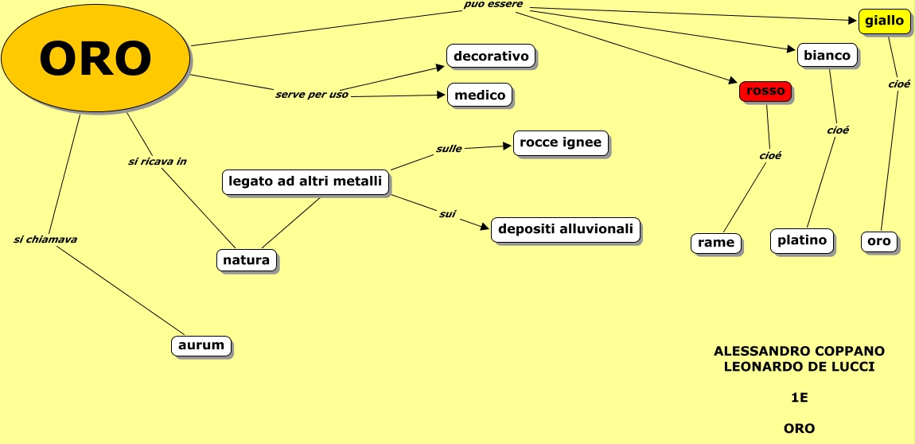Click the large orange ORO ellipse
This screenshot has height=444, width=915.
tap(95, 58)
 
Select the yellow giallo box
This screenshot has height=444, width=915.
tap(884, 21)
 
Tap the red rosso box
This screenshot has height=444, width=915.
tap(765, 91)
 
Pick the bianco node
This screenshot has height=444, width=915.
tap(827, 55)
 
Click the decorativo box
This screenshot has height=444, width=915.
tap(491, 56)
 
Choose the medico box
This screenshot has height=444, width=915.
tap(480, 95)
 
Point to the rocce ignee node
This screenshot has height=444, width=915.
tap(561, 143)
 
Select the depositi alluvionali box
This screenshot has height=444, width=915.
tap(566, 229)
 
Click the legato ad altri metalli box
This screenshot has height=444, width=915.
tap(305, 181)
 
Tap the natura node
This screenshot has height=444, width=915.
tap(246, 259)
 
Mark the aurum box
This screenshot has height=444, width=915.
tap(201, 346)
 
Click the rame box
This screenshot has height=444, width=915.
tap(716, 243)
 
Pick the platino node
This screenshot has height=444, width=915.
tap(802, 240)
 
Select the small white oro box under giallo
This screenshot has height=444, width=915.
tap(879, 241)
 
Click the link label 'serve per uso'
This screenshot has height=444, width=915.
tap(312, 95)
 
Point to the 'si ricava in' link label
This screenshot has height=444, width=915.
tap(157, 161)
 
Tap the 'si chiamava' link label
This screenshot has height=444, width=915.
tap(45, 239)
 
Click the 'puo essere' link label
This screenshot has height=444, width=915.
tap(493, 5)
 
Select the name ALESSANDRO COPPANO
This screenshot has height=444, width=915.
tap(799, 350)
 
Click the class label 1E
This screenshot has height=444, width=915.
tap(799, 397)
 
